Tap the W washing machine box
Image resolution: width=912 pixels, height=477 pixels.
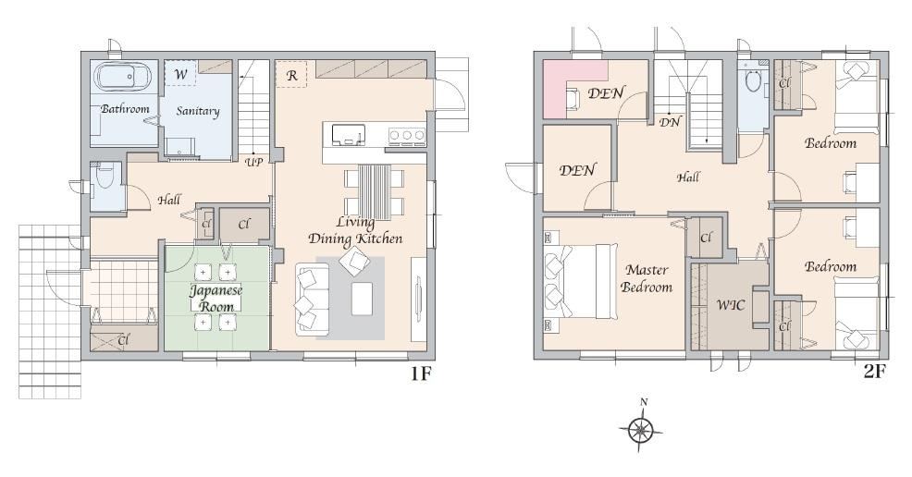coord(180,74)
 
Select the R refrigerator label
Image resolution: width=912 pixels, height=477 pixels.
coord(291,74)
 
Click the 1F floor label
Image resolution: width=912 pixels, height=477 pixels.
coord(421,373)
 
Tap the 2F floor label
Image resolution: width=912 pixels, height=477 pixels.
coord(874,372)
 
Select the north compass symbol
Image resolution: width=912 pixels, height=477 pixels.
coord(641,430)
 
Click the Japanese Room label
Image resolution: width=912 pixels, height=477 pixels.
coord(216,298)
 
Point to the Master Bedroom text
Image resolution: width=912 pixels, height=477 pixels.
coord(647,278)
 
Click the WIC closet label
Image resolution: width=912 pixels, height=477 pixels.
coord(731,304)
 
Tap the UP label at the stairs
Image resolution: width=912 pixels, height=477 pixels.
coord(253,162)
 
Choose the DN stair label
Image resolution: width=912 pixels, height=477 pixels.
coord(670,122)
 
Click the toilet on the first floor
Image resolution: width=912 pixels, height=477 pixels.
coord(105,175)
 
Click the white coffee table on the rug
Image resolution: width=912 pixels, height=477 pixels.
coord(362,299)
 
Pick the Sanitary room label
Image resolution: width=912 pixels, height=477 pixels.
coord(198,111)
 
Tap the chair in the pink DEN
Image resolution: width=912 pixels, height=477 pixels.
coord(573,98)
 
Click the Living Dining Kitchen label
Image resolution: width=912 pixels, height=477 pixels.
coord(355,230)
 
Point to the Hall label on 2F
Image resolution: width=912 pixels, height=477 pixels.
coord(688,177)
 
